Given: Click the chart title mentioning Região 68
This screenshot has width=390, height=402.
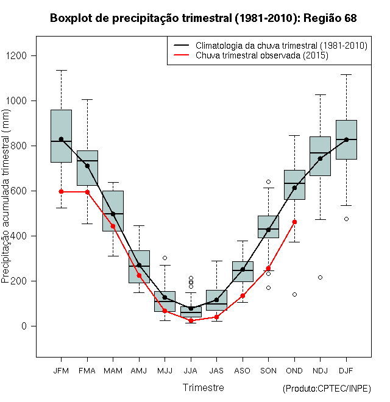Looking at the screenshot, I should [x=203, y=18].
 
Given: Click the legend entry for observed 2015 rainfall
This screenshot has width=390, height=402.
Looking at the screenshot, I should [x=262, y=55].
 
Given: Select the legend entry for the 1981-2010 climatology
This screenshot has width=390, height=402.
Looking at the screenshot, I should [x=281, y=46].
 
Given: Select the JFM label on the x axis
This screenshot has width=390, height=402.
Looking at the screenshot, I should [x=61, y=370].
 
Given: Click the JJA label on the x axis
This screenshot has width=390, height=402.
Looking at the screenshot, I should [x=191, y=370].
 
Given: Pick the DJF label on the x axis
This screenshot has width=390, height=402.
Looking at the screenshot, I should [x=346, y=370].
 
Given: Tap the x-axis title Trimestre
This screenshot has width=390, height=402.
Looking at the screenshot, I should [x=204, y=387].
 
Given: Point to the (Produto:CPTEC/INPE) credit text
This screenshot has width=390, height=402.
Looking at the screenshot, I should [x=327, y=389].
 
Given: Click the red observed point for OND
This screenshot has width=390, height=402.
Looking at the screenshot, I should [x=294, y=222].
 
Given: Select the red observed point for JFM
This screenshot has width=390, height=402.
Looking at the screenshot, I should [x=61, y=192].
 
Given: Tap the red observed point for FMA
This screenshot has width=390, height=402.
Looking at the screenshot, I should [x=87, y=192].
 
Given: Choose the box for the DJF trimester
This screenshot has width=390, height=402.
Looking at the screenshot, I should [x=346, y=139].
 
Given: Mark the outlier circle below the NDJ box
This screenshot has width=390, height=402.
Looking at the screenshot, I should [x=321, y=277].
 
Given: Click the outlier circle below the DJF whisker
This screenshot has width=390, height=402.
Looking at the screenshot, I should [x=346, y=219].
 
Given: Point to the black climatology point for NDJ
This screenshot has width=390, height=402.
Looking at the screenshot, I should [x=321, y=158].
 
